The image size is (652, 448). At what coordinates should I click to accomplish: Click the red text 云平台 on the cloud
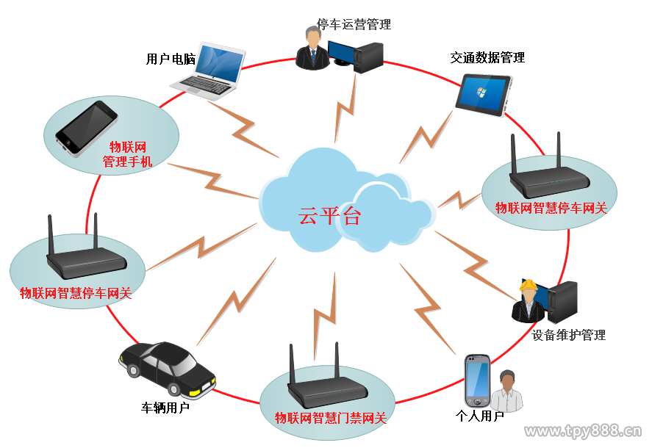pyautogui.click(x=329, y=216)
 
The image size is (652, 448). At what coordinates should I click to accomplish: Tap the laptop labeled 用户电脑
pyautogui.click(x=208, y=71)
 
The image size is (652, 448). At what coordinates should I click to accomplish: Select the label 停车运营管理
pyautogui.click(x=354, y=24)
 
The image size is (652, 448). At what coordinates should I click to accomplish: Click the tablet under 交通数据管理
pyautogui.click(x=483, y=95)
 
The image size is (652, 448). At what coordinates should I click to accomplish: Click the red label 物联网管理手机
pyautogui.click(x=128, y=154)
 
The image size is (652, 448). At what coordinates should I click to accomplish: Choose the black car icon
pyautogui.click(x=167, y=368)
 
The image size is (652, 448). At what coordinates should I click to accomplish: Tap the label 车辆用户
pyautogui.click(x=165, y=408)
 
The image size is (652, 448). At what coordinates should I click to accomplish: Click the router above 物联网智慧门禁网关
pyautogui.click(x=327, y=377)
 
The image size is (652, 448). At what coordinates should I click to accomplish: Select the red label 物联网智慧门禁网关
pyautogui.click(x=331, y=418)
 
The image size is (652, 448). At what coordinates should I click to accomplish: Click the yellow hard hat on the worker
pyautogui.click(x=528, y=285)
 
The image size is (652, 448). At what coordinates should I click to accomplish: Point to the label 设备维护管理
pyautogui.click(x=568, y=335)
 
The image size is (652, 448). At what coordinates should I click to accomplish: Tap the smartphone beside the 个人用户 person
pyautogui.click(x=477, y=380)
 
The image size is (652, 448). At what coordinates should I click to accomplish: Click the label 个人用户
pyautogui.click(x=480, y=416)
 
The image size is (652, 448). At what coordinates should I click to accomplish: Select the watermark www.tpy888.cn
pyautogui.click(x=583, y=431)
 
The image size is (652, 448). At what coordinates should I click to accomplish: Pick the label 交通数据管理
pyautogui.click(x=487, y=58)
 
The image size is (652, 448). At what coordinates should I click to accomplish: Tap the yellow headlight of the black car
pyautogui.click(x=194, y=393)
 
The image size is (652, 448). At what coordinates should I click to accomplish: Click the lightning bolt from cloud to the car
pyautogui.click(x=236, y=302)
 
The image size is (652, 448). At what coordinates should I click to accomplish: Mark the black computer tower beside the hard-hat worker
pyautogui.click(x=562, y=302)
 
